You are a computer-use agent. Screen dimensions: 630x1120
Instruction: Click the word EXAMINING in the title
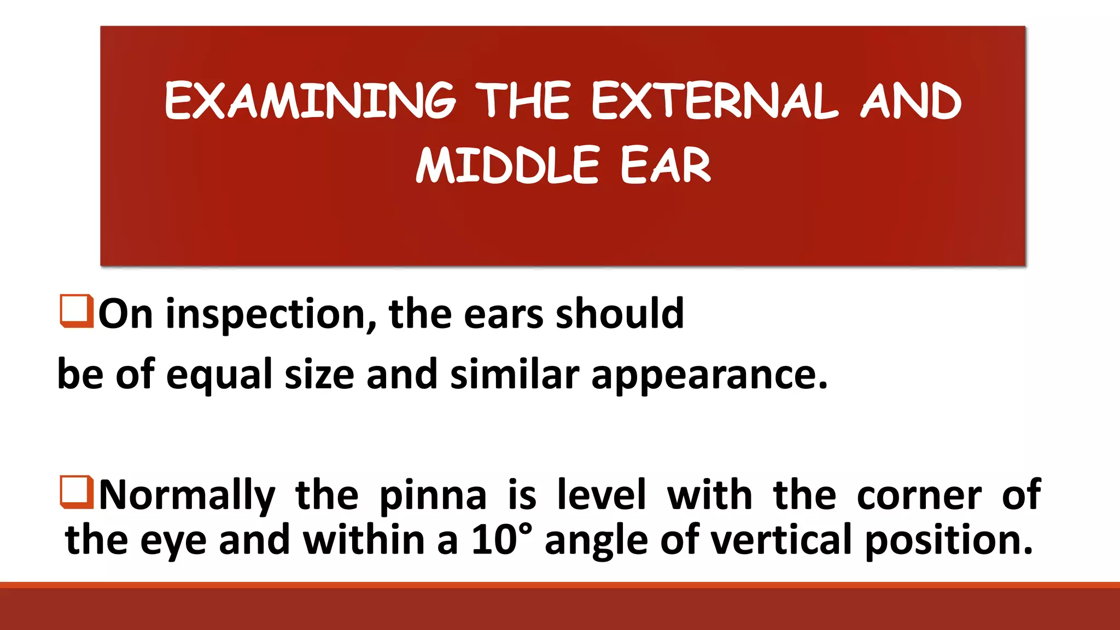pos(310,101)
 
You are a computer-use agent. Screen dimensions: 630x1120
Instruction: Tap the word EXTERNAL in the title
pos(714,101)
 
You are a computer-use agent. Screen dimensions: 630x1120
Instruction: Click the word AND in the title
pos(911,101)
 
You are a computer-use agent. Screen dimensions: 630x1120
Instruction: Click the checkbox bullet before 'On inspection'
pos(76,311)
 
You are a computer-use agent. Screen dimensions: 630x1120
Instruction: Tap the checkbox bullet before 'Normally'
pos(76,492)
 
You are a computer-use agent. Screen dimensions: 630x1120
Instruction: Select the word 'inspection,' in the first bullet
pos(271,315)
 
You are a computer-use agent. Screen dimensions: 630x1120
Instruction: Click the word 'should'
pos(620,314)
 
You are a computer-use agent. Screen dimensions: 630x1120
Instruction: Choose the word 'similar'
pos(514,375)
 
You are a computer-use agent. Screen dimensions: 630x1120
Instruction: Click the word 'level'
pos(602,494)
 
